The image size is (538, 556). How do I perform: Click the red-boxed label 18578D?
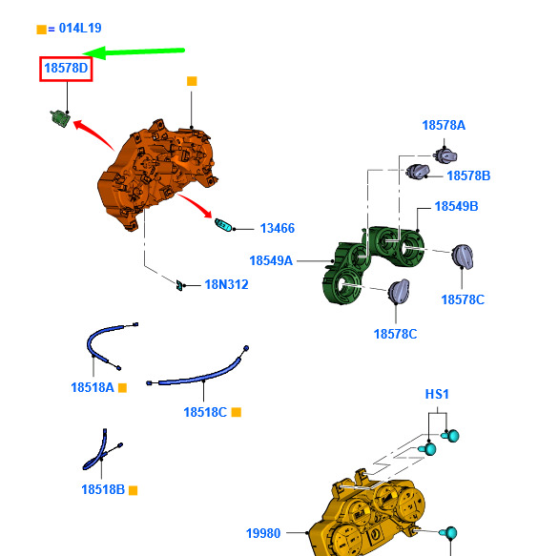[x=66, y=68]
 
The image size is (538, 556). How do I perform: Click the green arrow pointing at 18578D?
[x=134, y=52]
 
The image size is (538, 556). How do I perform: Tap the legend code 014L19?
[x=80, y=28]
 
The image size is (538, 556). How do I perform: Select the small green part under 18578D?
[x=60, y=118]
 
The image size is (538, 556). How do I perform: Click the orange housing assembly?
[x=156, y=174]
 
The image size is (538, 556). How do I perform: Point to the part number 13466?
[x=278, y=228]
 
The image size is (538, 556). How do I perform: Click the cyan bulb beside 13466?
[x=223, y=225]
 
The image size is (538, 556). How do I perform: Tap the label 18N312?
[x=226, y=284]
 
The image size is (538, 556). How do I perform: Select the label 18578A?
[x=444, y=125]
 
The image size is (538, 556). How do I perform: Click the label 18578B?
[x=468, y=175]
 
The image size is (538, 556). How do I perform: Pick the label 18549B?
[x=456, y=206]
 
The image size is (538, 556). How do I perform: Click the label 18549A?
[x=271, y=260]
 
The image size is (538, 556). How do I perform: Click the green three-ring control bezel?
[x=372, y=264]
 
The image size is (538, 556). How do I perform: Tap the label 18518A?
[x=93, y=387]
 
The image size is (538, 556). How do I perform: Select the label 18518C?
[x=205, y=412]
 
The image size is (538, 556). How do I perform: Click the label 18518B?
[x=103, y=489]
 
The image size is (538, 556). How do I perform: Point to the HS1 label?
[x=437, y=394]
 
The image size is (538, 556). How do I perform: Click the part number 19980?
[x=263, y=533]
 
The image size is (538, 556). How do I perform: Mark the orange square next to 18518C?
[x=237, y=412]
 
